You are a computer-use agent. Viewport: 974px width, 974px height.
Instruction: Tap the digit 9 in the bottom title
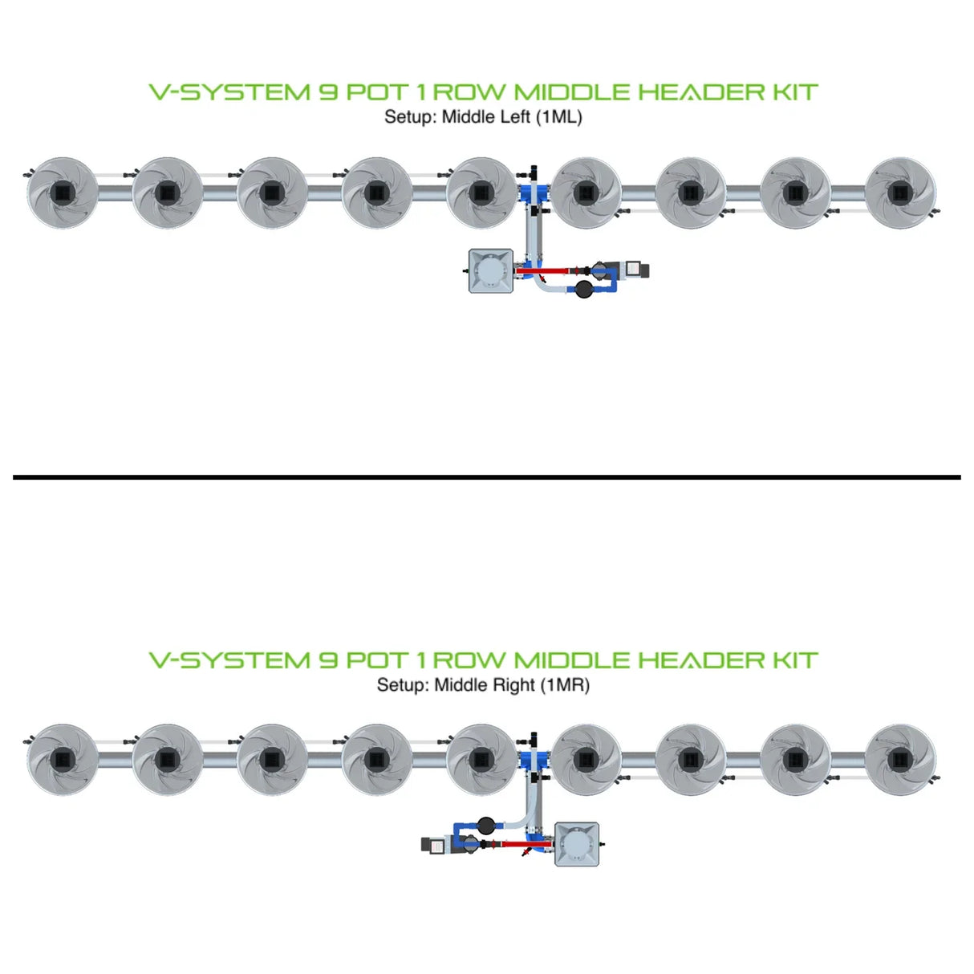tap(328, 661)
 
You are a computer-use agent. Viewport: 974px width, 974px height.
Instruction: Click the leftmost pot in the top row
tap(63, 193)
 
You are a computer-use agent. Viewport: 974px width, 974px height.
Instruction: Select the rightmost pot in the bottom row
tap(900, 760)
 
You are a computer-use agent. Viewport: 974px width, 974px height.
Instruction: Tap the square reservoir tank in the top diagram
tap(491, 270)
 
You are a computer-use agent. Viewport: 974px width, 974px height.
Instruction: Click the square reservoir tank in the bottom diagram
tap(577, 844)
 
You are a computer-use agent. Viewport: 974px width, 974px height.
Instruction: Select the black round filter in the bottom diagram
tap(485, 824)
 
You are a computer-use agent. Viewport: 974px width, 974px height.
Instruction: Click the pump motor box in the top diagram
tap(636, 270)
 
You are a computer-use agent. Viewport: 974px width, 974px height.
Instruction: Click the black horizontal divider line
tap(486, 477)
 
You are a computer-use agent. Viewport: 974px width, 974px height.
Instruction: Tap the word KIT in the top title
tap(795, 93)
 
